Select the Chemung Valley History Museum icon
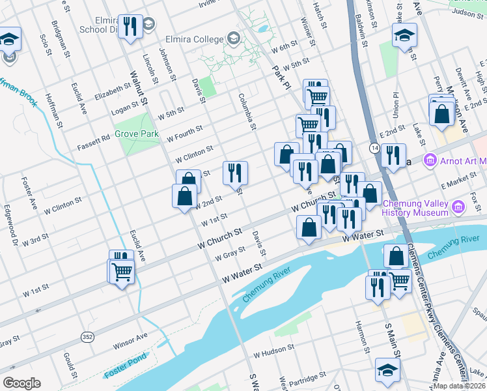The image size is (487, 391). tap(458, 208)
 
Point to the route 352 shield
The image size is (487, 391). tap(87, 336)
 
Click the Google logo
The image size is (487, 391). tap(21, 383)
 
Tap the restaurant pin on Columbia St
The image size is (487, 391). tap(235, 173)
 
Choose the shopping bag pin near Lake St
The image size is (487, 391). tap(442, 113)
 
